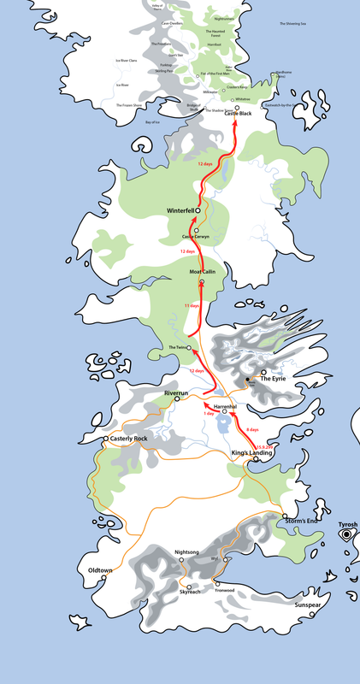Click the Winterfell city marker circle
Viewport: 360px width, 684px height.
click(x=198, y=209)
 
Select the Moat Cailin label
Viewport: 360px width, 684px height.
click(x=202, y=271)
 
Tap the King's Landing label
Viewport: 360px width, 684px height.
click(x=251, y=452)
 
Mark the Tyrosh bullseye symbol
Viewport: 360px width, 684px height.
click(x=346, y=534)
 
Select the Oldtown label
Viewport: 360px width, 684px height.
click(x=101, y=569)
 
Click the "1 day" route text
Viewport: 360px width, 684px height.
click(x=209, y=414)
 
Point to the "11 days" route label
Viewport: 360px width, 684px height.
click(x=192, y=305)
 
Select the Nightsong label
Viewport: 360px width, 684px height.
click(x=186, y=552)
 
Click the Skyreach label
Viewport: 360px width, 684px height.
click(x=191, y=592)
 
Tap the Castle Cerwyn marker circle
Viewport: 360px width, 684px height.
click(x=196, y=231)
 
